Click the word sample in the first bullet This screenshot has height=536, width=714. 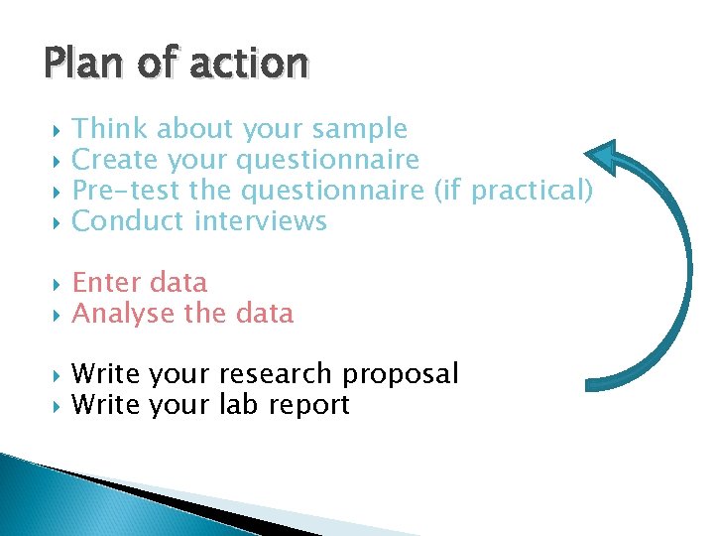tap(359, 129)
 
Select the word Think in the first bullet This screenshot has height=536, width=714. tap(110, 129)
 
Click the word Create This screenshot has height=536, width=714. tap(116, 159)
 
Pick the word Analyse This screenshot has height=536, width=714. tap(124, 314)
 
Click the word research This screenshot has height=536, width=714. tap(275, 374)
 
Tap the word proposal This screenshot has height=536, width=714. tap(400, 374)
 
